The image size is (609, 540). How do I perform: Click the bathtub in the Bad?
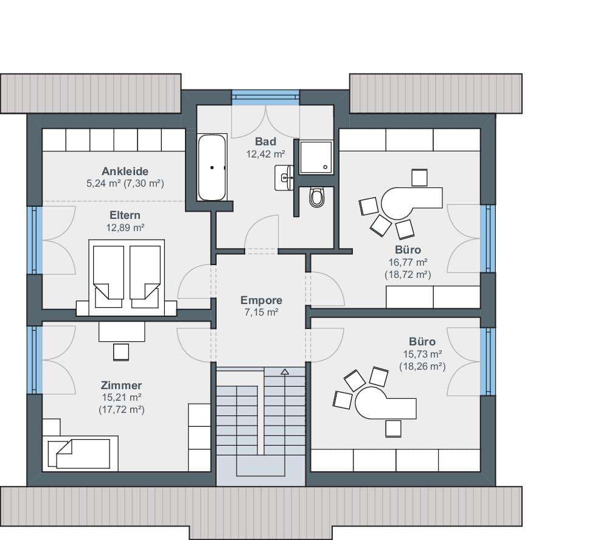212,167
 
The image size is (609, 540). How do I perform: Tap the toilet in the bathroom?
316,197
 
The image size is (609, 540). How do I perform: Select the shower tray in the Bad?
316,157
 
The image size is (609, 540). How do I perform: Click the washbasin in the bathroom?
284,178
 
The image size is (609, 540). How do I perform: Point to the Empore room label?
261,300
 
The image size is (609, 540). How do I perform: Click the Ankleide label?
125,171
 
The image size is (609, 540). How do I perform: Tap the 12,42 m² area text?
266,154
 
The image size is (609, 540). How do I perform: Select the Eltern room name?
125,215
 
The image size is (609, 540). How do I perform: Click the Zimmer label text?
121,385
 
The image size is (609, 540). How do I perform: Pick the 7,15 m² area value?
261,312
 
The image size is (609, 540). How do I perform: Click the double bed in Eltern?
127,277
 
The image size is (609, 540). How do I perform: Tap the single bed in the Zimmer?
80,453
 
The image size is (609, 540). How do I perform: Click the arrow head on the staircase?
285,372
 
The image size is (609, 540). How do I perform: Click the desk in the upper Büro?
411,203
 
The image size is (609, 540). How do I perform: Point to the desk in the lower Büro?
385,403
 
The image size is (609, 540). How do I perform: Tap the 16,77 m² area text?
408,263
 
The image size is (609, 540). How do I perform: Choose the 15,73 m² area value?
422,354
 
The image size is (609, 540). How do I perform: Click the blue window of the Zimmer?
35,360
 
